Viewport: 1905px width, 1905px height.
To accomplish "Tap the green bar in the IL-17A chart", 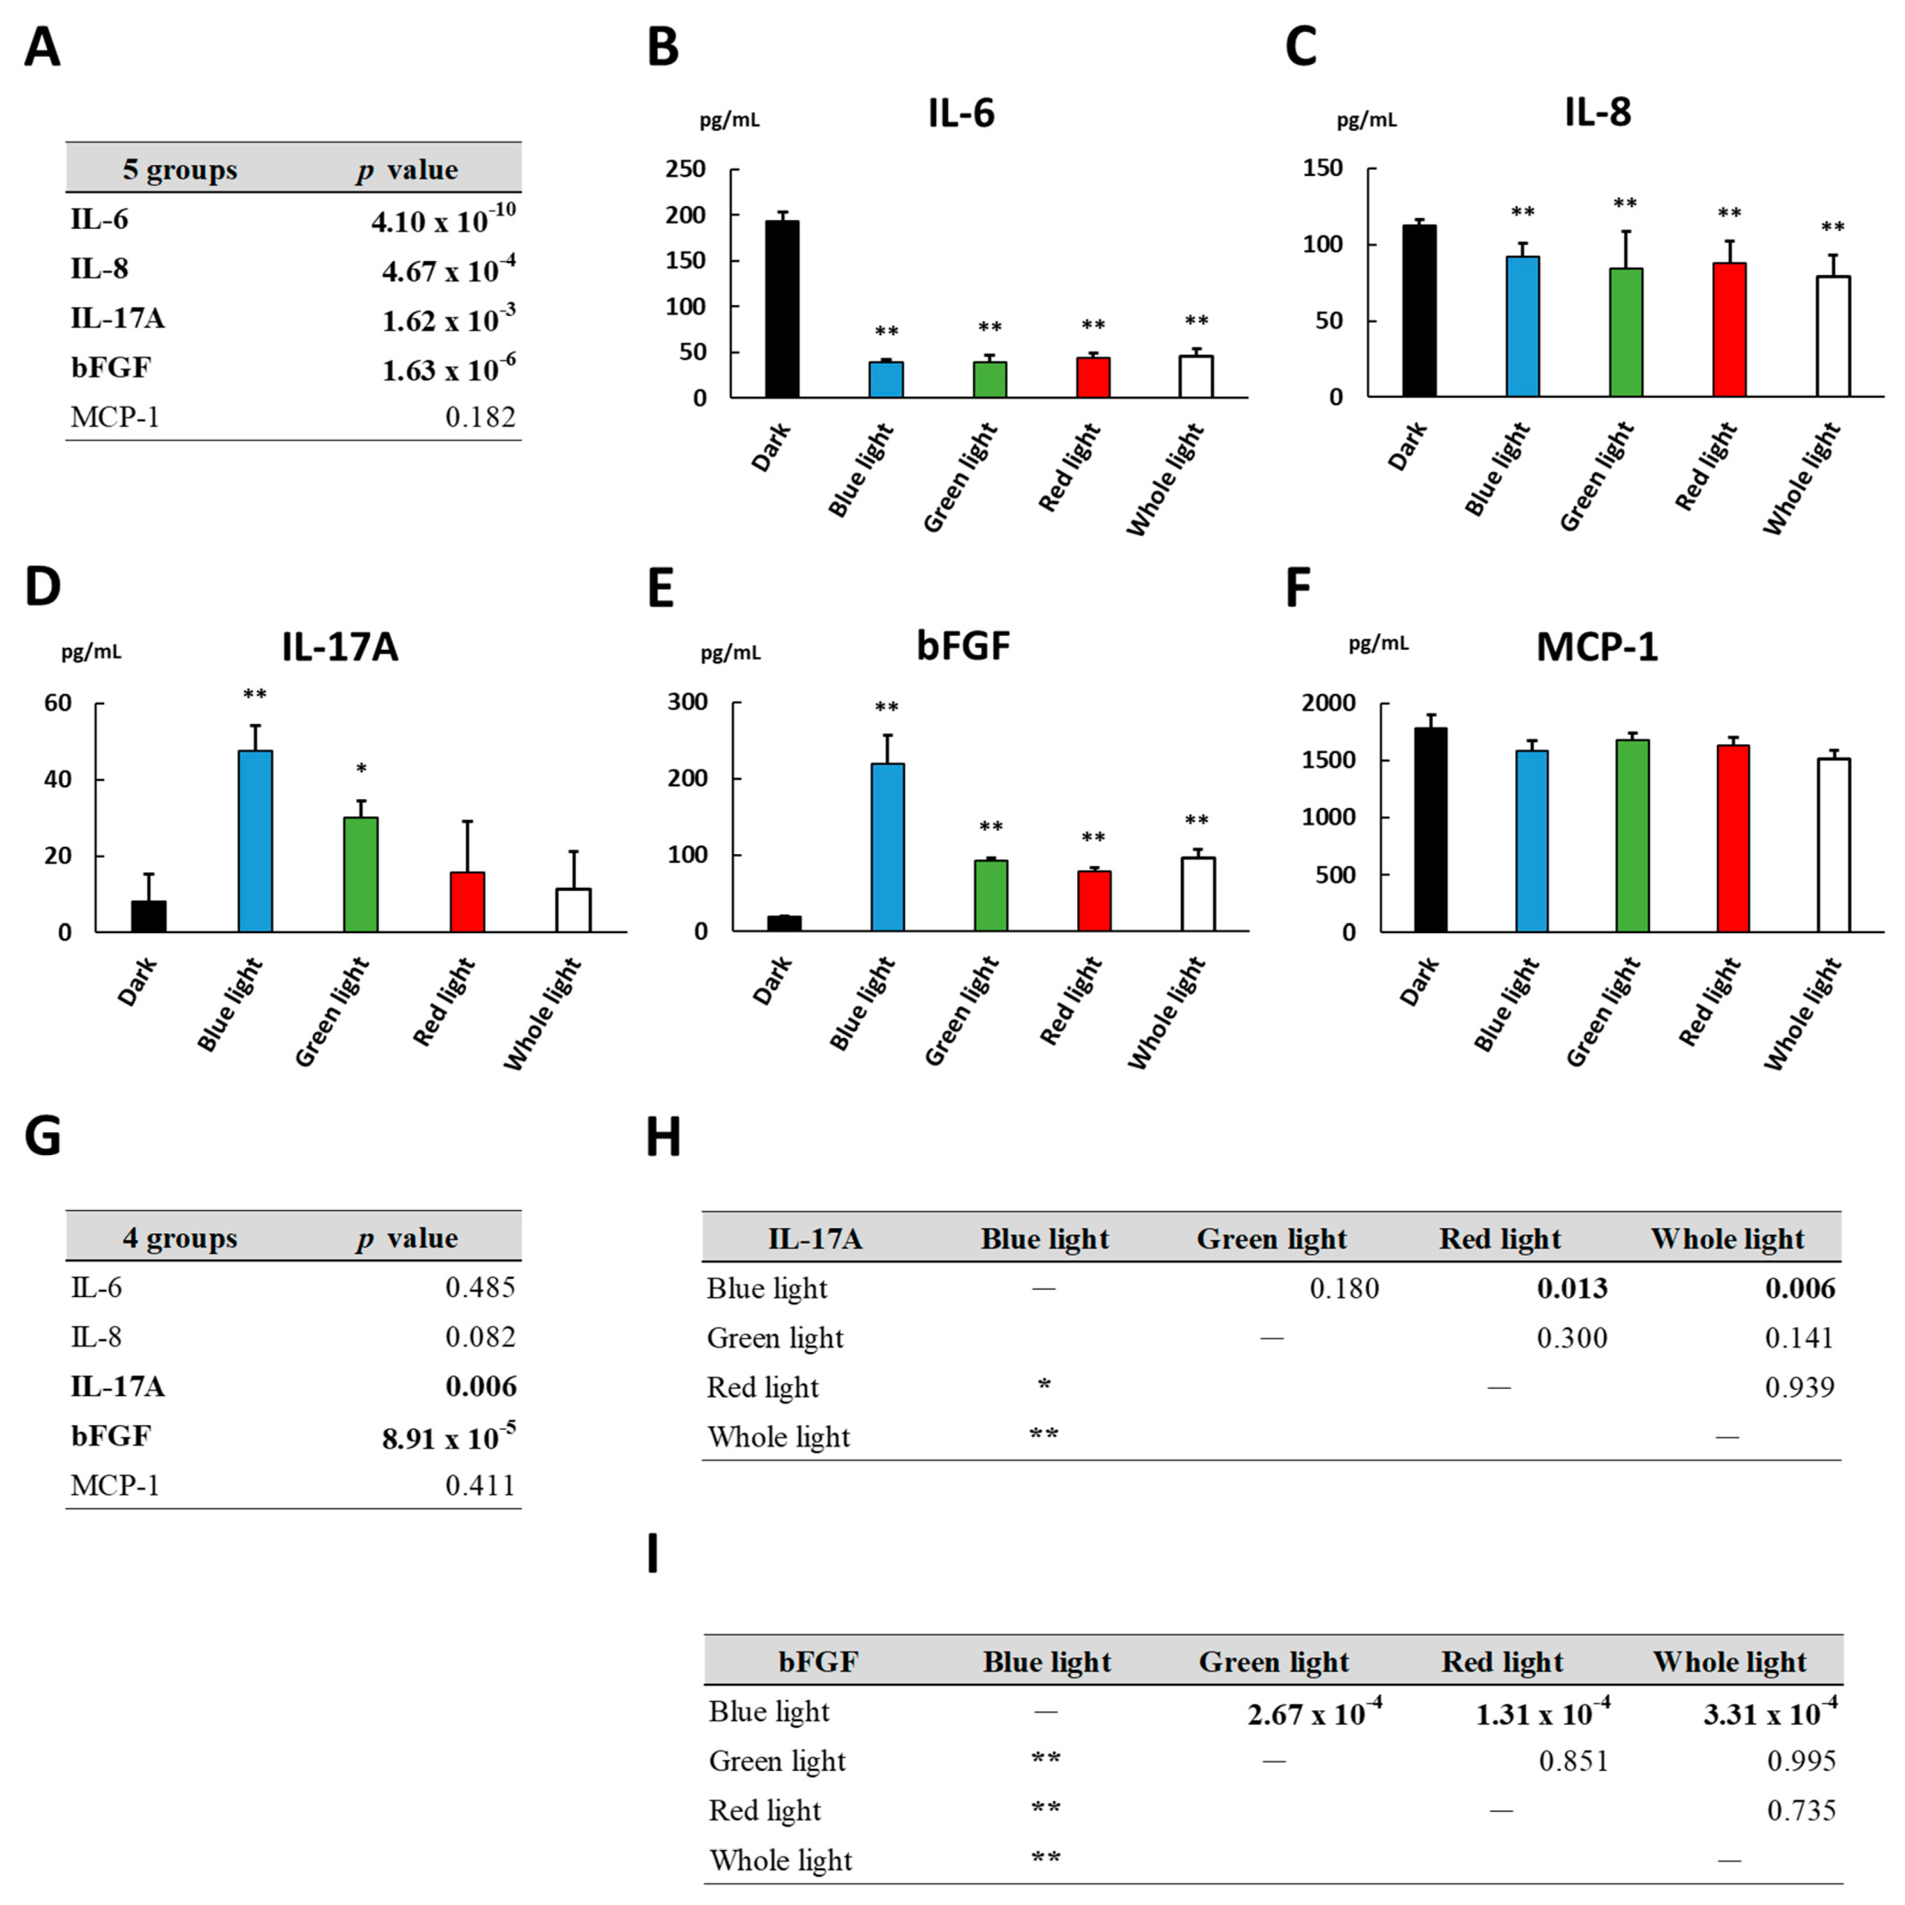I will pyautogui.click(x=361, y=874).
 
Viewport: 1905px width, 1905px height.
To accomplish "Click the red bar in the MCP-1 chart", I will pyautogui.click(x=1732, y=838).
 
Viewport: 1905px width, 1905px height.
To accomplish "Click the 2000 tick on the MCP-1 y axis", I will pyautogui.click(x=1328, y=703).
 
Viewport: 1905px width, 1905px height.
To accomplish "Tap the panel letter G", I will pyautogui.click(x=43, y=1136).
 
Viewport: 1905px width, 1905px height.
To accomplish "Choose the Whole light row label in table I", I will pyautogui.click(x=780, y=1860).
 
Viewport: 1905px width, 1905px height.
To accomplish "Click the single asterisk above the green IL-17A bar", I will pyautogui.click(x=361, y=769).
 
